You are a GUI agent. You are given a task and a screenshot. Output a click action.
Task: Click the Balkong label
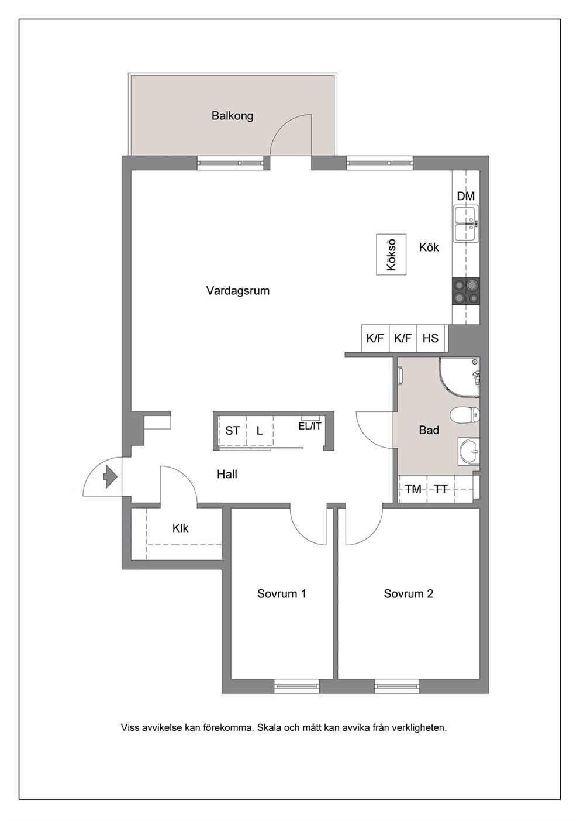coord(232,116)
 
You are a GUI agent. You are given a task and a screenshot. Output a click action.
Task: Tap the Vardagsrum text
coord(237,291)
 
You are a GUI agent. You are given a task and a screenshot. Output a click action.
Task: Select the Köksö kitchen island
coord(391,255)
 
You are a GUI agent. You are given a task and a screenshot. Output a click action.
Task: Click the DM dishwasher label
coord(466,196)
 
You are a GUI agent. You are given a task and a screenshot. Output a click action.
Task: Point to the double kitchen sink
coord(466,224)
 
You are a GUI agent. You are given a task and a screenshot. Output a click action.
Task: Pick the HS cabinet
coord(430,338)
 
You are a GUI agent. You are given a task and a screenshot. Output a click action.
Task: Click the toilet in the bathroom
coord(465,416)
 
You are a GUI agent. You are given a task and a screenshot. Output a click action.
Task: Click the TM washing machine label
coord(413,489)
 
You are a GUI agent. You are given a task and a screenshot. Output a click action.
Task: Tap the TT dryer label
coord(441,489)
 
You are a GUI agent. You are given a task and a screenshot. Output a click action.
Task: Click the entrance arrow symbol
coord(111,477)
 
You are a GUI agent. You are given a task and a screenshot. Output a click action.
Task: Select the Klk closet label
coord(180,528)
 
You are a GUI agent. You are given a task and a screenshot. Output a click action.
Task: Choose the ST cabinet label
coord(232,430)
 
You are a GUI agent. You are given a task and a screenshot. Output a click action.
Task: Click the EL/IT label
coord(310,426)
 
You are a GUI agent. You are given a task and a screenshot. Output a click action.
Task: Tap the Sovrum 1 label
coord(281,593)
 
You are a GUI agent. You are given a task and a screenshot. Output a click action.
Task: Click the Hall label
coord(227,474)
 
